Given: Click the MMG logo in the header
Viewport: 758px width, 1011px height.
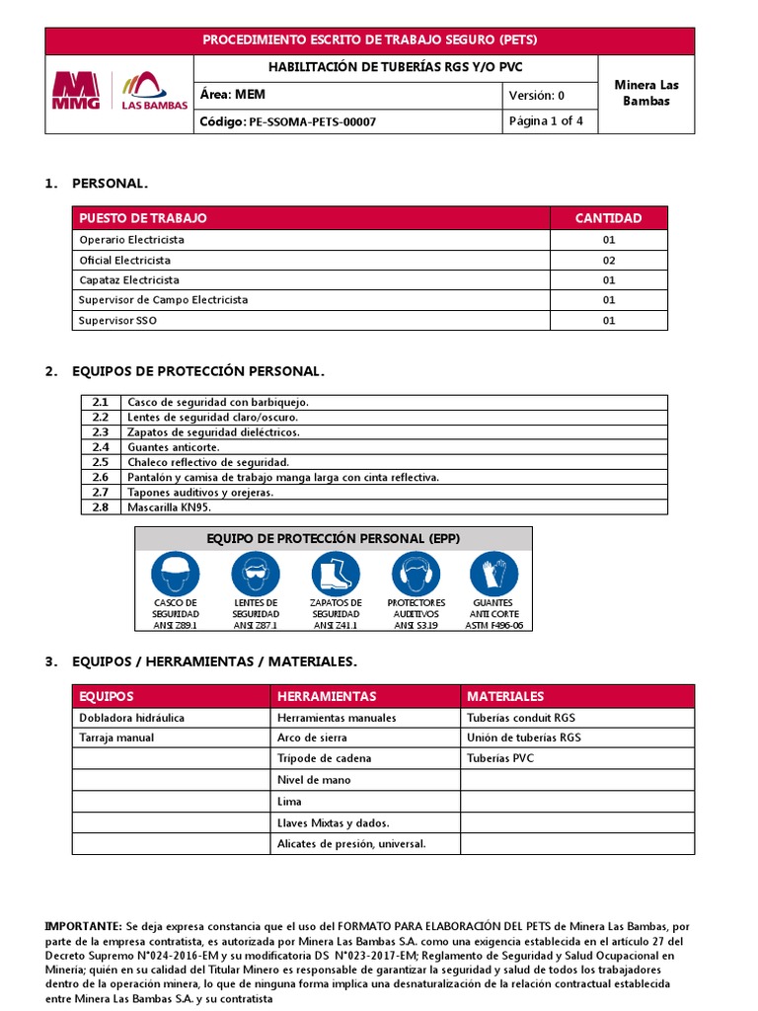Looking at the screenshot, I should (x=75, y=93).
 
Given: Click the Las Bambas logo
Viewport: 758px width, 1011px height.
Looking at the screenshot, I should (x=153, y=93).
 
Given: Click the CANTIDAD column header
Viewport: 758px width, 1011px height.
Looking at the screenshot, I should (x=608, y=218).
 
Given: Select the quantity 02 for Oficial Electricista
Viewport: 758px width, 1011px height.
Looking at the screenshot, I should (x=608, y=261).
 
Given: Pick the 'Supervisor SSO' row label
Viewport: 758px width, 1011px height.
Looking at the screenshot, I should (x=117, y=321).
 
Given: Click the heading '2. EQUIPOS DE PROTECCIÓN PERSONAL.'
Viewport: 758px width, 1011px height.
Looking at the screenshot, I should (x=197, y=371).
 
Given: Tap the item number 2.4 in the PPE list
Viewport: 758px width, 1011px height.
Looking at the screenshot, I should (x=100, y=447).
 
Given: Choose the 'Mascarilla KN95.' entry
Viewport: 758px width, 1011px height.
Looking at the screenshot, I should (x=170, y=507).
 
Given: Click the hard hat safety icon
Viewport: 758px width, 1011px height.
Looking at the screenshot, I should (x=176, y=573).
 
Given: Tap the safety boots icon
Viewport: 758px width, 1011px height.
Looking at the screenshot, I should (x=336, y=573).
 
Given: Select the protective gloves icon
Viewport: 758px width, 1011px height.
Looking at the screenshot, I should (x=493, y=573).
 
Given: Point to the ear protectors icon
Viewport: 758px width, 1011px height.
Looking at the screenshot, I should (x=416, y=573).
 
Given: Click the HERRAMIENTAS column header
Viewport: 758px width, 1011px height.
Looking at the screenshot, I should (x=327, y=696).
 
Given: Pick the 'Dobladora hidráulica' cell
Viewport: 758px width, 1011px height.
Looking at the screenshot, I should (x=131, y=718).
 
